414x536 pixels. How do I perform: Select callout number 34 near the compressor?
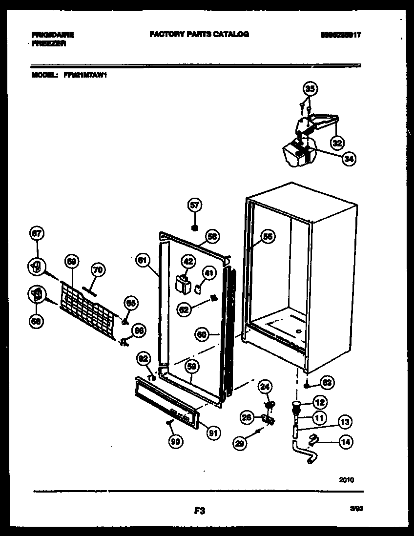349,158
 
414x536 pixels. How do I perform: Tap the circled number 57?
195,206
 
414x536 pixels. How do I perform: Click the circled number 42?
188,261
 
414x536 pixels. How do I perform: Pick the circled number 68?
36,321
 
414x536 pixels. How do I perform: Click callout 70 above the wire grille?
98,269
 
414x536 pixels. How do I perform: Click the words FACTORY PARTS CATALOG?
199,34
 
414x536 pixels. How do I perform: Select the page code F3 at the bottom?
199,511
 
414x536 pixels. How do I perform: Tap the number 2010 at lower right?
347,480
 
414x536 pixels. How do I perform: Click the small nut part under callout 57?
195,227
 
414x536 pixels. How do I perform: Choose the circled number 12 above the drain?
319,402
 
